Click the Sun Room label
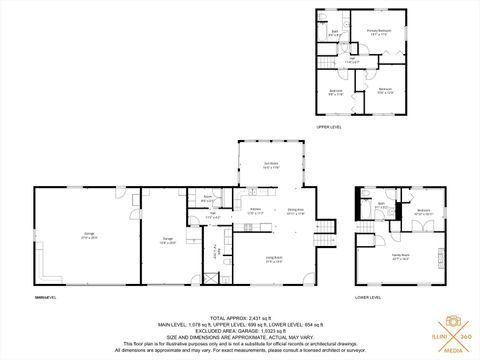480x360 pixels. pos(270,166)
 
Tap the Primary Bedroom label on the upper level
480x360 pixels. pos(377,33)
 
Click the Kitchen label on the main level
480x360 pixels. pos(256,211)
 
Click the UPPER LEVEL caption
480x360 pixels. pos(329,128)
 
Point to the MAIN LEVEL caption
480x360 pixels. pos(46,297)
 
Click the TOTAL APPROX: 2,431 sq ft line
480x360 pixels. pos(239,317)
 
